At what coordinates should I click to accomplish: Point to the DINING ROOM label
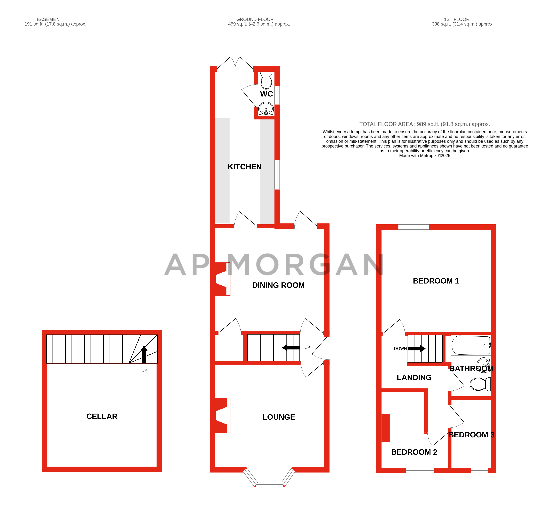(x=278, y=285)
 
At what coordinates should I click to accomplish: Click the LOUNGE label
(x=278, y=417)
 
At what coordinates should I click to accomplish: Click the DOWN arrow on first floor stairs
(x=416, y=348)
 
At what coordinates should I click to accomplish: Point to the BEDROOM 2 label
(x=414, y=452)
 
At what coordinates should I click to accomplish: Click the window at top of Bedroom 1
(x=413, y=227)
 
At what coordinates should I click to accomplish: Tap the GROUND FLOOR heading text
(x=255, y=19)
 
